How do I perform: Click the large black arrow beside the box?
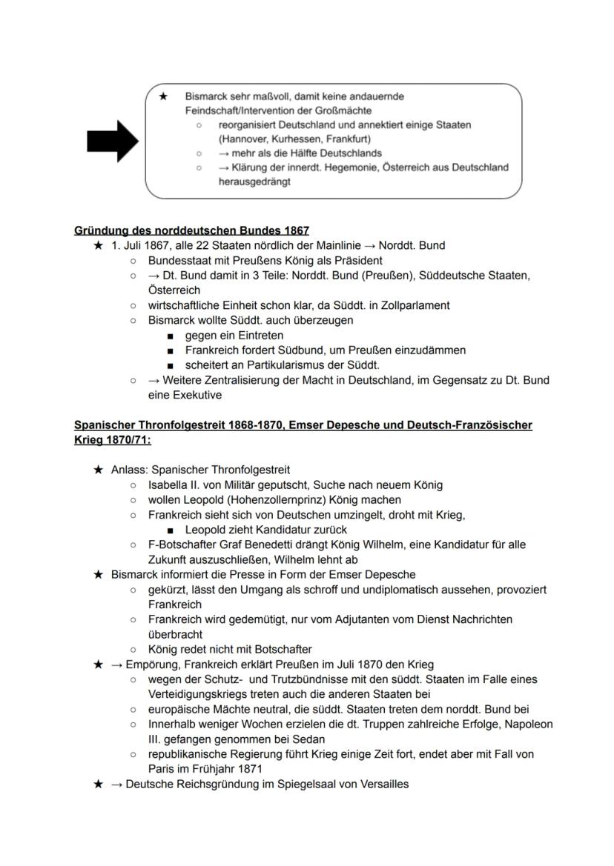coord(112,140)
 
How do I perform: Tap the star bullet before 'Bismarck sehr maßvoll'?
coord(163,96)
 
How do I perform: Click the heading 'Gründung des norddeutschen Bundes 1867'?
coord(191,230)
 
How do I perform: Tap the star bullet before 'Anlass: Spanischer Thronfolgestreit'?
coord(98,470)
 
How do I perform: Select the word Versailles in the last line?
coord(381,784)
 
